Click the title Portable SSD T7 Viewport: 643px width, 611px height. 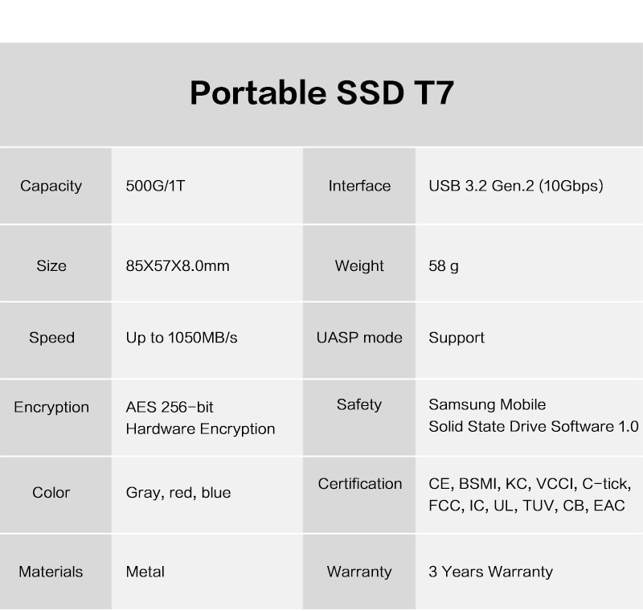pos(322,93)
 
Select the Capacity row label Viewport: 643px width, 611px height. pos(51,187)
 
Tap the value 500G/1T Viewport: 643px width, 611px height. pos(155,186)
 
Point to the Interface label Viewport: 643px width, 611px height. pos(359,186)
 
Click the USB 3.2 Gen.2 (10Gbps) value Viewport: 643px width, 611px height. pos(516,186)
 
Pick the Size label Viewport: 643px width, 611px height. pos(51,266)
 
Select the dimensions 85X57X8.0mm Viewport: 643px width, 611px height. pos(178,266)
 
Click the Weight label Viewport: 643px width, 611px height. pos(359,266)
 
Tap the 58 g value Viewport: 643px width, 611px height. pos(444,266)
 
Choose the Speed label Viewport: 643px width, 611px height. pos(51,338)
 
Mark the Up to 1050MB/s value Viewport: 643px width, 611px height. pos(182,338)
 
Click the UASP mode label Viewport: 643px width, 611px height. pos(359,338)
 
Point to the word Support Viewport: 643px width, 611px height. pos(457,338)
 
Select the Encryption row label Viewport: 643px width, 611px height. pos(51,407)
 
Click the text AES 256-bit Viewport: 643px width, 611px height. pos(170,407)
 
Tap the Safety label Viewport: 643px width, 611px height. pos(359,404)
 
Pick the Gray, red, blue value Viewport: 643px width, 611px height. pos(178,493)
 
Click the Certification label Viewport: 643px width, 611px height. pos(359,484)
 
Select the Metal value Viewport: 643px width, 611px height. pos(145,572)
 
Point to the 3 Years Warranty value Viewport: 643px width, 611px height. pos(491,572)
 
